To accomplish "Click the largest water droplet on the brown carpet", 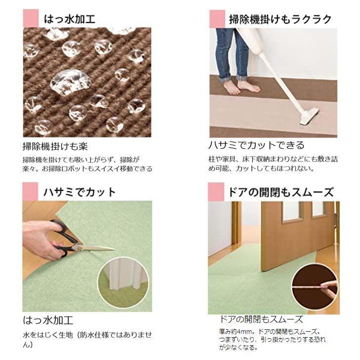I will (69, 81).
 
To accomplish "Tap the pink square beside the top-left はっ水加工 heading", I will (31, 19).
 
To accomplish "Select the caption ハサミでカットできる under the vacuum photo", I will (256, 145).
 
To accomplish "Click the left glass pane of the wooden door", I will (292, 211).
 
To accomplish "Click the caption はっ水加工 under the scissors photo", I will (48, 319).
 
